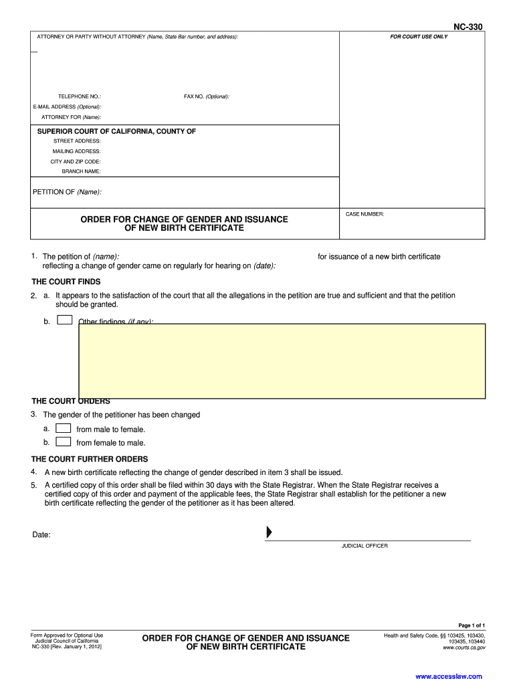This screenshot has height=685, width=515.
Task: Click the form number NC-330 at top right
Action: point(468,27)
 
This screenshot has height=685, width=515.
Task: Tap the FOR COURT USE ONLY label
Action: point(419,37)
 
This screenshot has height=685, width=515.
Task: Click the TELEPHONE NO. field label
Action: point(80,96)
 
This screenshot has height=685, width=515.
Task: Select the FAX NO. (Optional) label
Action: point(207,96)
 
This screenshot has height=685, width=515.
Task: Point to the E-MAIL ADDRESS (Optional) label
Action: point(67,106)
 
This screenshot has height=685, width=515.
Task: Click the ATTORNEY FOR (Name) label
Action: point(72,117)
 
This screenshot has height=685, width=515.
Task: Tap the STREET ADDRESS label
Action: point(77,141)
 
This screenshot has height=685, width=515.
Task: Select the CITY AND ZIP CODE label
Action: point(76,161)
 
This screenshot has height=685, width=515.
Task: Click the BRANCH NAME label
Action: point(81,171)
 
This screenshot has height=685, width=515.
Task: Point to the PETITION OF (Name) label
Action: point(68,193)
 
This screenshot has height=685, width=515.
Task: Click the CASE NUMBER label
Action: point(365,214)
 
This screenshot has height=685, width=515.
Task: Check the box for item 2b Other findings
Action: point(65,320)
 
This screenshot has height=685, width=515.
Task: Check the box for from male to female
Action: point(63,428)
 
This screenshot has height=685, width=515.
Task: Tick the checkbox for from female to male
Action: point(63,442)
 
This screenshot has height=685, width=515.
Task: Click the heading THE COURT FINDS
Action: point(66,282)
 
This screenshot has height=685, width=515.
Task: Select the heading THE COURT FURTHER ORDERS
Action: point(90,459)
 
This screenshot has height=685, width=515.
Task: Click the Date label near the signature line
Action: point(41,534)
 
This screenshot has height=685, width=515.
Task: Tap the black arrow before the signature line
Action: point(269,532)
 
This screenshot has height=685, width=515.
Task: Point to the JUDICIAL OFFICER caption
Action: point(365,546)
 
